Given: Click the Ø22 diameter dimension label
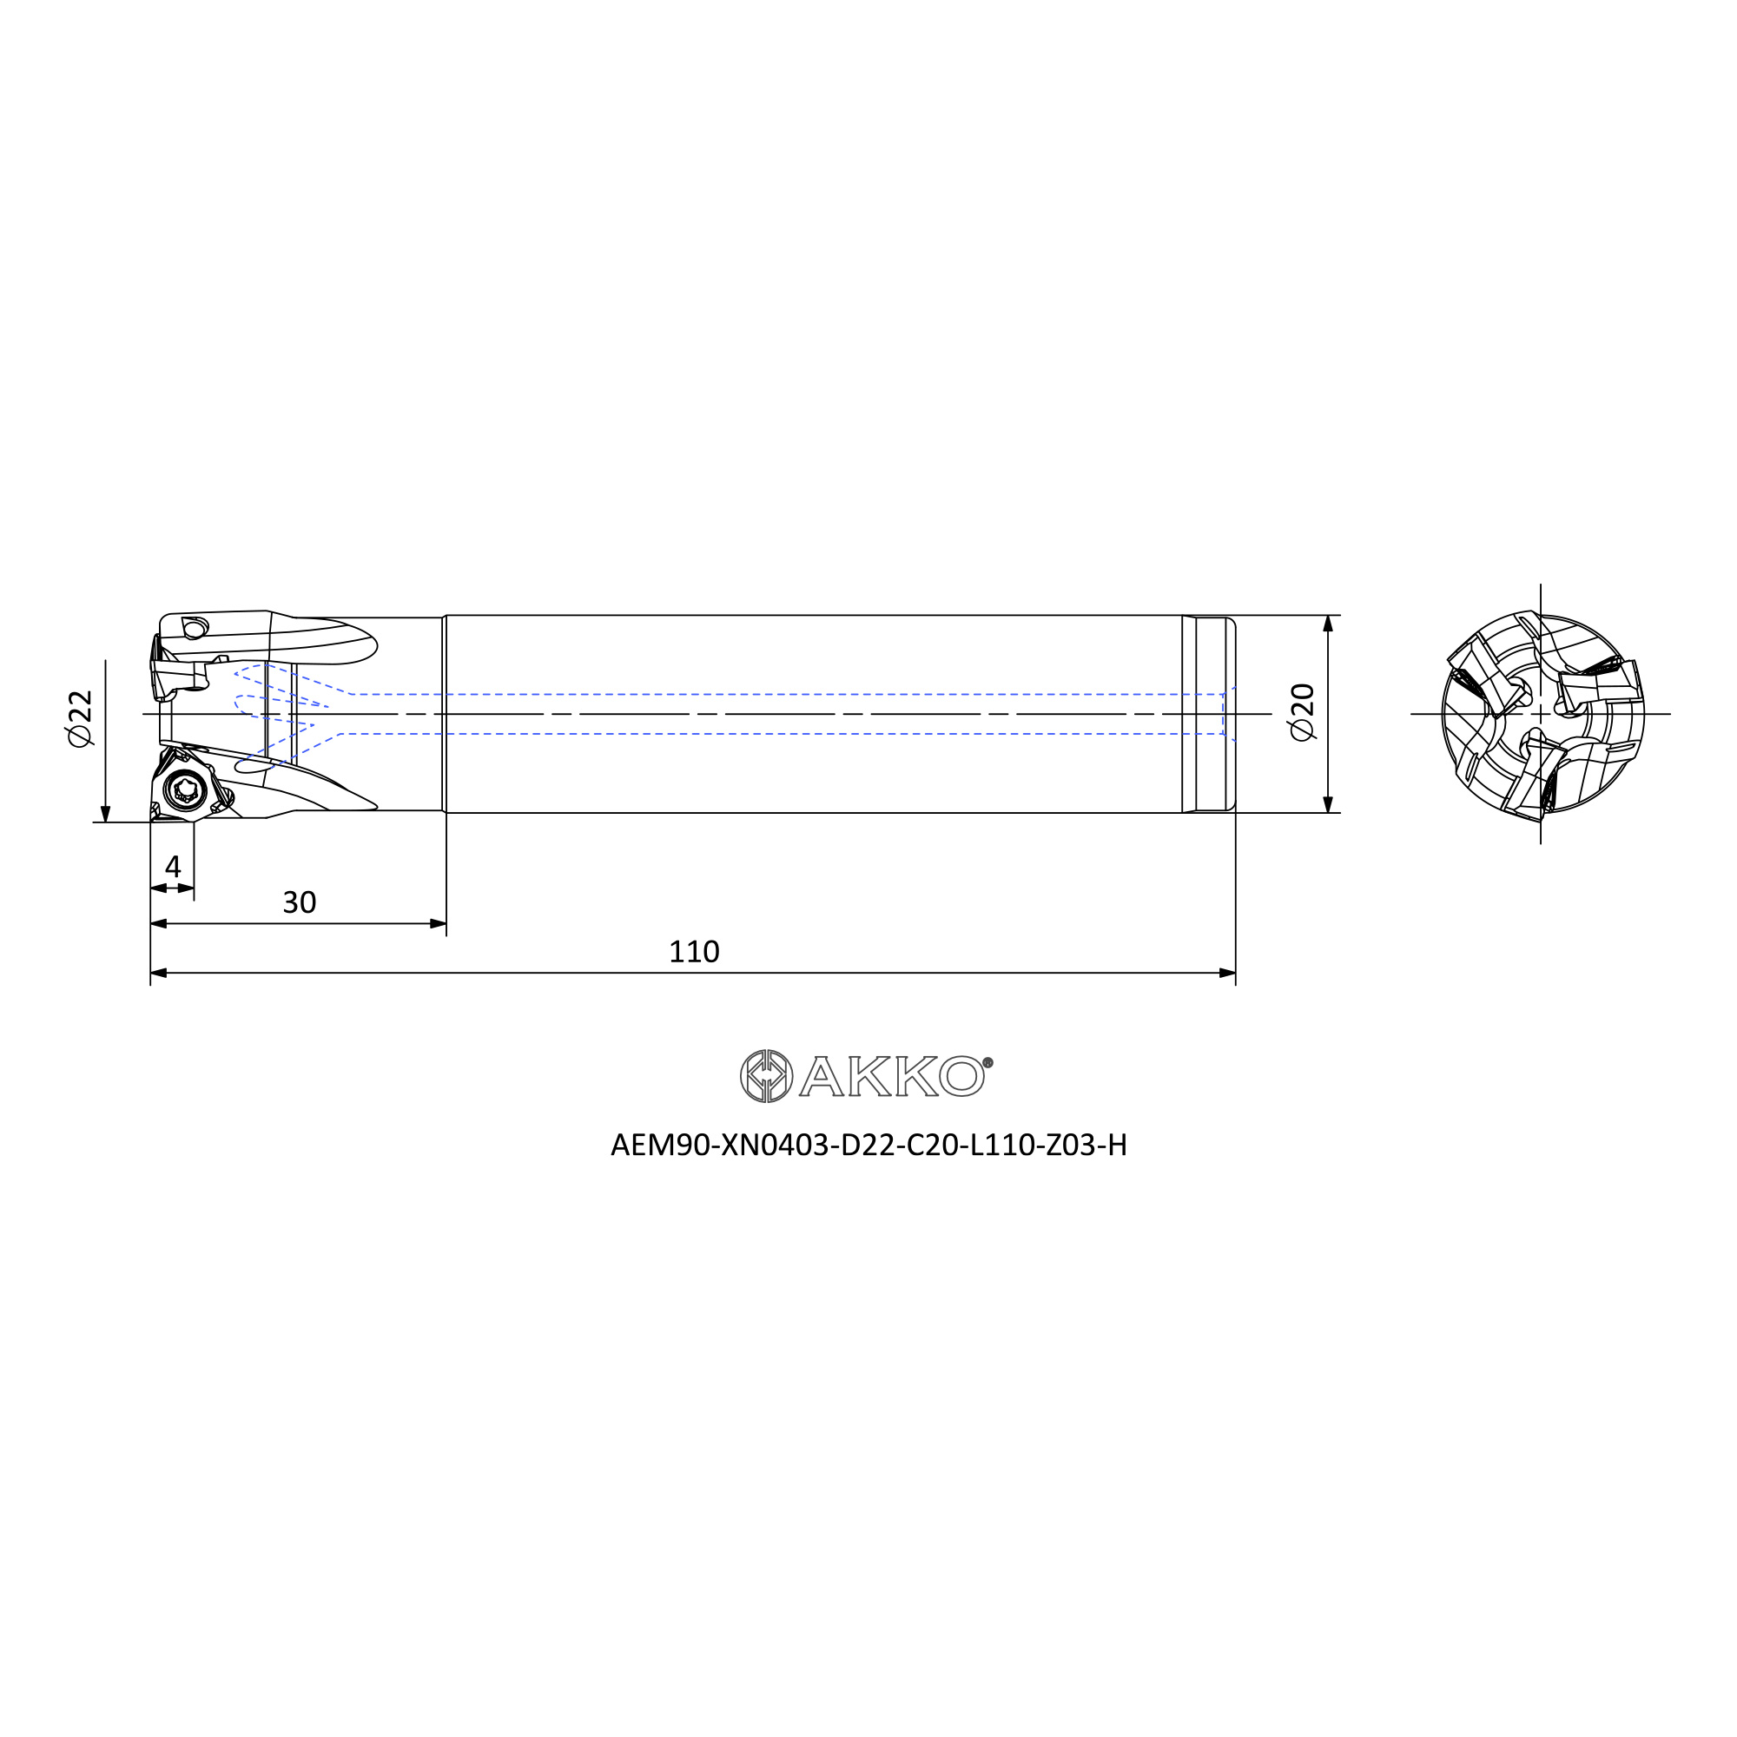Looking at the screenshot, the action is (x=80, y=717).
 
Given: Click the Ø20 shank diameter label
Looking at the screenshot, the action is (x=1303, y=712).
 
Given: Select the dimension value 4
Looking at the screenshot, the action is (x=173, y=867).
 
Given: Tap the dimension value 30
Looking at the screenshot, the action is (x=300, y=902).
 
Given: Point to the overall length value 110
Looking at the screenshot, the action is (x=694, y=951).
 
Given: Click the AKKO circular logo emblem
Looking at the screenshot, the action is (x=766, y=1076).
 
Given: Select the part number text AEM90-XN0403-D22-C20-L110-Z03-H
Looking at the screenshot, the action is (x=868, y=1146).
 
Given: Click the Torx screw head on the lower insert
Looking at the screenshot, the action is (x=185, y=791).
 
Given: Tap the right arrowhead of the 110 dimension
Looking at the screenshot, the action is (x=1227, y=973).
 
